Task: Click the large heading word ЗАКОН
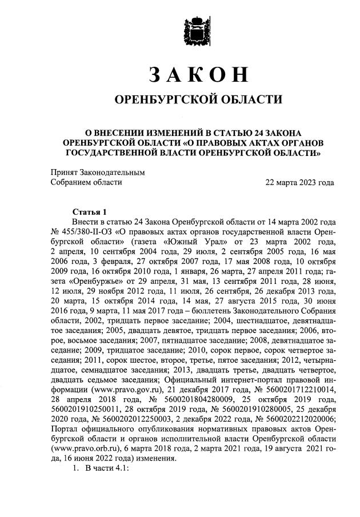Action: pos(199,75)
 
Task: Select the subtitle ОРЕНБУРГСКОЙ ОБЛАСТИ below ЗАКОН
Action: pos(199,100)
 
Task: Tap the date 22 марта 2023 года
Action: pos(299,182)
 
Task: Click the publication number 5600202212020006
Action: pos(297,421)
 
